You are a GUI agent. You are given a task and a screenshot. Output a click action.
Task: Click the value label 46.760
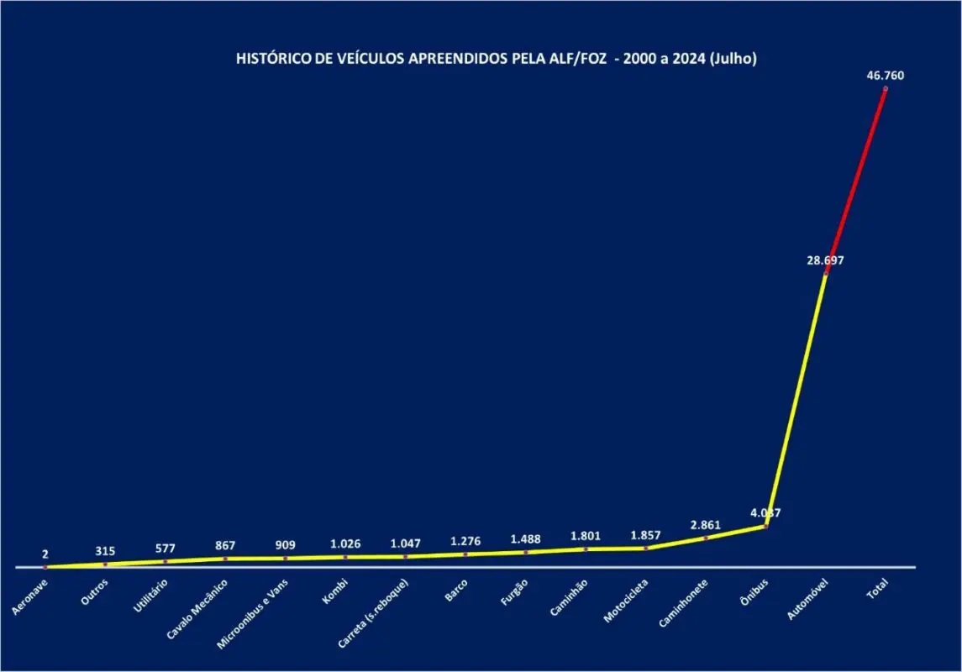pos(886,76)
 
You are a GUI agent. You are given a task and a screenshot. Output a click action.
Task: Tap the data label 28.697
pos(825,260)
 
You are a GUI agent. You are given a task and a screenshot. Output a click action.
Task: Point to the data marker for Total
pos(886,88)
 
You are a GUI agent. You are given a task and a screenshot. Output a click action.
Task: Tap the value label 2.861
pos(706,525)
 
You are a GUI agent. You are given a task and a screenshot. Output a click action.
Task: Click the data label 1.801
pos(586,536)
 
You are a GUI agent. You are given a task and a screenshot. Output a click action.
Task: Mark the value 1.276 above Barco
pos(465,541)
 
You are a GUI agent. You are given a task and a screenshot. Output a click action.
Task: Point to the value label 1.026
pos(345,543)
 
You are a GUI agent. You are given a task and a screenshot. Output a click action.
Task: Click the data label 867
pos(225,545)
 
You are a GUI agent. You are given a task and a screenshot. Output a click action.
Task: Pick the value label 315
pos(105,551)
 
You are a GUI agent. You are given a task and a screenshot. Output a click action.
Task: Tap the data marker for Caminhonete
pos(706,538)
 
